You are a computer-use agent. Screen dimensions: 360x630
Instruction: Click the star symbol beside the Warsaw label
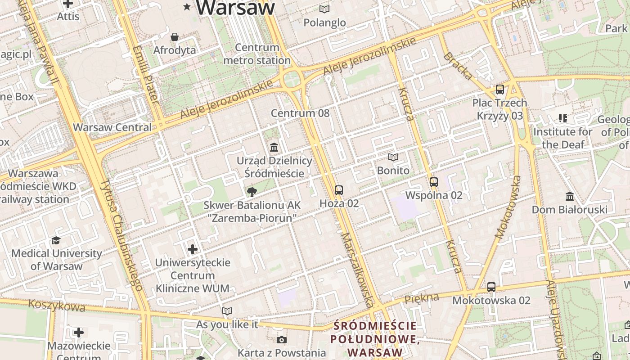(x=187, y=6)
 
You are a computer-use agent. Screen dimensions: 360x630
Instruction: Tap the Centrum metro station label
(x=257, y=54)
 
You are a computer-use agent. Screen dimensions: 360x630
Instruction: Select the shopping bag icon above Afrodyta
(x=175, y=37)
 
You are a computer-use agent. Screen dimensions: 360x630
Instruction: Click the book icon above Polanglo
(x=324, y=9)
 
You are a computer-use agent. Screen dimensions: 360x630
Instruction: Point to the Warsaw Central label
(x=112, y=127)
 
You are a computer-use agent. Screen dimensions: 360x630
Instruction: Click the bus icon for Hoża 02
(x=339, y=190)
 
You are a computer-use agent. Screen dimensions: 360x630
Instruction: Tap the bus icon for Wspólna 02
(x=434, y=182)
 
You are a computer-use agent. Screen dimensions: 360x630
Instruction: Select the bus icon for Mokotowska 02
(x=491, y=287)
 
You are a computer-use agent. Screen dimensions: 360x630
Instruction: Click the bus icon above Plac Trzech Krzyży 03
(x=499, y=90)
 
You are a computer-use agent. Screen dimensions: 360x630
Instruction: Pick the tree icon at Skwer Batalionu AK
(x=252, y=192)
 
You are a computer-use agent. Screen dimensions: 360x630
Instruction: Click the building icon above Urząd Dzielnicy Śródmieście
(x=274, y=147)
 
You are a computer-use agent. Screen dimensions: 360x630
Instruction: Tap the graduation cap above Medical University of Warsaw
(x=56, y=240)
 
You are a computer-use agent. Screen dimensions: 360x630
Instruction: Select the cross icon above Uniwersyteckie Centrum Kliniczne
(x=193, y=249)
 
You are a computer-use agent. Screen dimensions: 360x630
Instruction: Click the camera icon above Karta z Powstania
(x=282, y=340)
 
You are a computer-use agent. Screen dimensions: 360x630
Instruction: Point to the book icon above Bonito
(x=393, y=157)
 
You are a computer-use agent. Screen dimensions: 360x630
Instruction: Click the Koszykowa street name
(x=57, y=306)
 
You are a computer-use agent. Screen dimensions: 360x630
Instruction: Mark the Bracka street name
(x=458, y=66)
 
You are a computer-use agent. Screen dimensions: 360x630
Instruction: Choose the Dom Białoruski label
(x=569, y=210)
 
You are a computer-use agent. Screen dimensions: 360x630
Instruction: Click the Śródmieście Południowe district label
(x=375, y=339)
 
